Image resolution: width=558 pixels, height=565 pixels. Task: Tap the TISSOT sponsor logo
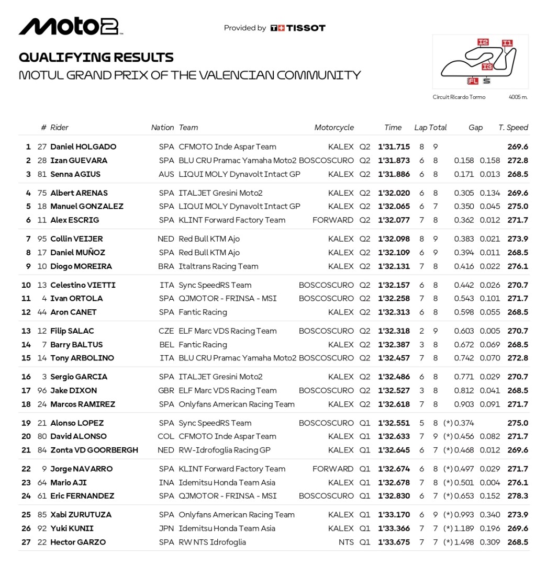pos(298,28)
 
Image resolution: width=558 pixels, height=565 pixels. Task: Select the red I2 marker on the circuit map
pos(483,42)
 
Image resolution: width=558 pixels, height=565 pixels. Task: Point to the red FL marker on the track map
pos(473,81)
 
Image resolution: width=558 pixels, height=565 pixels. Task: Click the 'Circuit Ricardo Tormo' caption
pos(459,97)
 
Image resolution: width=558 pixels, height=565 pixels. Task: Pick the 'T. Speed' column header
pos(513,128)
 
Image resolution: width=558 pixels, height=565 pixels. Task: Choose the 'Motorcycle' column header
pos(334,128)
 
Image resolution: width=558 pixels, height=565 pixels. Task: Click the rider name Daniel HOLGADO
pos(83,147)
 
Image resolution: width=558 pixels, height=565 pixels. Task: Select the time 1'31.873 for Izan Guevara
pos(394,161)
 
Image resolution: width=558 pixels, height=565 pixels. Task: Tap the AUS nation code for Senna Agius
pos(166,174)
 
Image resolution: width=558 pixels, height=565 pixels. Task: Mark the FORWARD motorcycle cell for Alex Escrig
pos(333,220)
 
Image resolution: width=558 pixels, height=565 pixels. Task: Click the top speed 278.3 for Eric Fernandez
pos(518,496)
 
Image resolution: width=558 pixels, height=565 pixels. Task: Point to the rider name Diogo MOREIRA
pos(81,266)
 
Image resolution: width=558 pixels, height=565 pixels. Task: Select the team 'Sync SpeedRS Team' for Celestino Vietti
pos(215,285)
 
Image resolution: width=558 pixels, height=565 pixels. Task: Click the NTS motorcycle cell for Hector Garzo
pos(346,543)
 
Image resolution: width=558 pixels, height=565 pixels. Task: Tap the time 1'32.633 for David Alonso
pos(394,436)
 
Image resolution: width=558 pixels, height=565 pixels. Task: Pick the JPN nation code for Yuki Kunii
pos(166,528)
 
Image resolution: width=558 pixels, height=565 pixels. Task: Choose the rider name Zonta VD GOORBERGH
pos(94,450)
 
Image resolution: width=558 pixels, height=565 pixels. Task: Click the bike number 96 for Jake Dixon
pos(42,390)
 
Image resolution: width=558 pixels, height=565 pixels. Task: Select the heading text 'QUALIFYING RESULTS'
pos(96,58)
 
